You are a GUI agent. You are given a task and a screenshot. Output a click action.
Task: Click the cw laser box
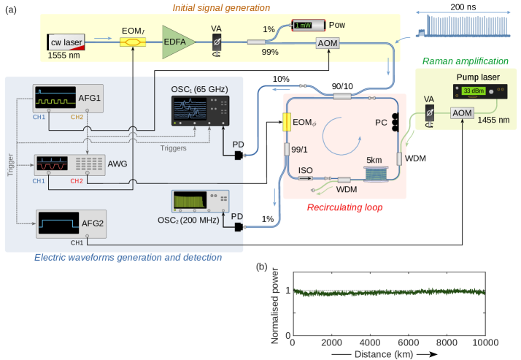[x=66, y=42]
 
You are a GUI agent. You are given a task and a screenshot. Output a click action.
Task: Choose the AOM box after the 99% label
[x=326, y=44]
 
